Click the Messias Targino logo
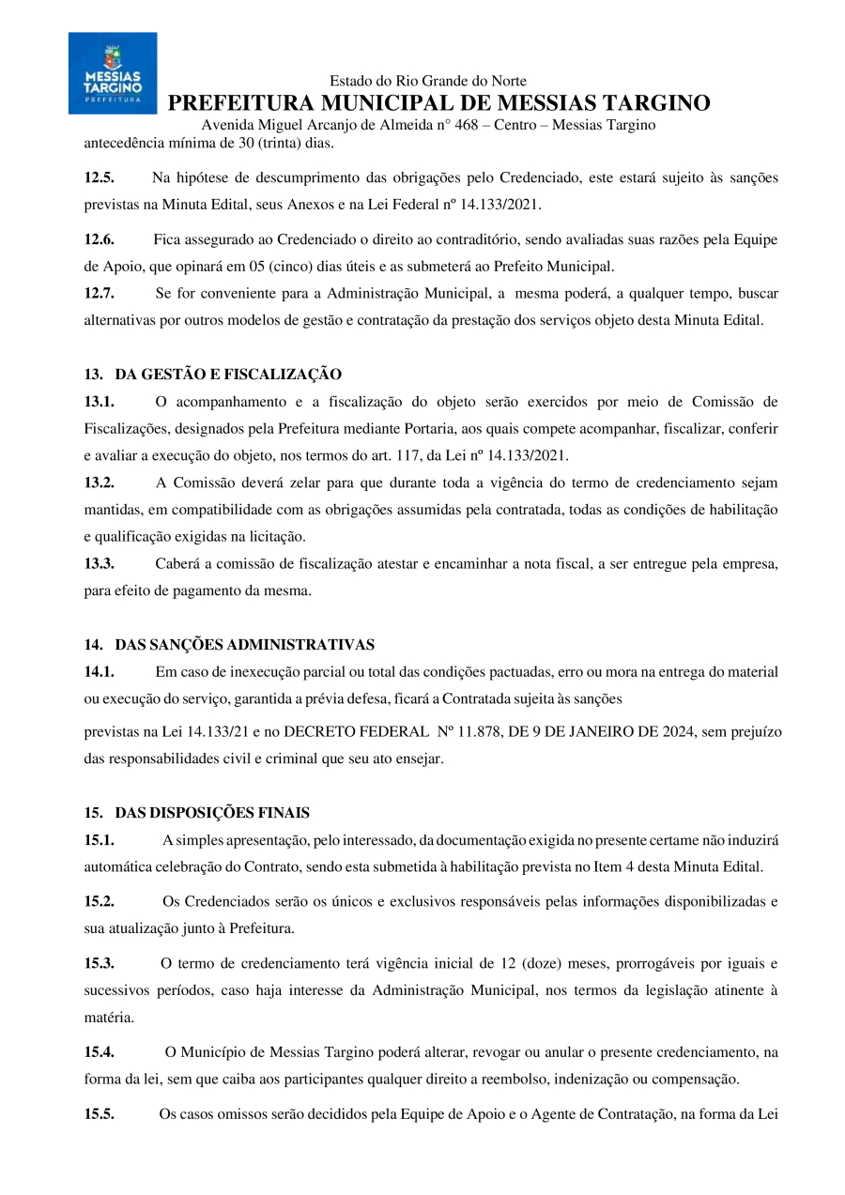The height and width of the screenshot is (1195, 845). [113, 73]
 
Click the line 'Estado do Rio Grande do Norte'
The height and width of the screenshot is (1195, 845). [428, 82]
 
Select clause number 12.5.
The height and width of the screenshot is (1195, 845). [100, 177]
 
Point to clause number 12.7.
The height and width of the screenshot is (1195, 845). [100, 293]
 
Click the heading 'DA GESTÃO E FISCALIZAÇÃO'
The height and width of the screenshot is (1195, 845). [228, 375]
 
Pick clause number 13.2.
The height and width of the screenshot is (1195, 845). [100, 483]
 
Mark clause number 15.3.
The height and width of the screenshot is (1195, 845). [100, 963]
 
